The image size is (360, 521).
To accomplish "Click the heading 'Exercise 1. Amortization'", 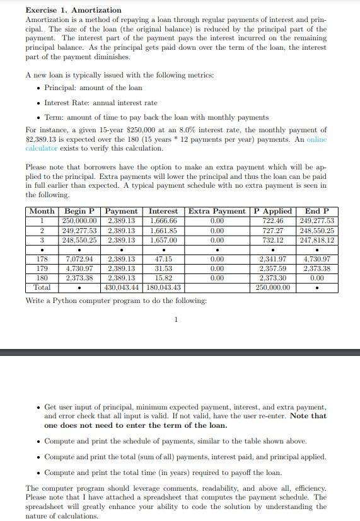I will tap(74, 11).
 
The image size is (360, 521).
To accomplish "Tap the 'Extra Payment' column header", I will tap(217, 211).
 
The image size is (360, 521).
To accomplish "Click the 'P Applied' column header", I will tap(273, 211).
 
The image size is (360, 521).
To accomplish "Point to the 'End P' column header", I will tap(316, 211).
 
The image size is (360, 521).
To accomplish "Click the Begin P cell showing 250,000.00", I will tap(79, 221).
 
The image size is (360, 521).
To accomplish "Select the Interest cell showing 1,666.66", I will tap(163, 221).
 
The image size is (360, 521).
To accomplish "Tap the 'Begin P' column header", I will tap(79, 211).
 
